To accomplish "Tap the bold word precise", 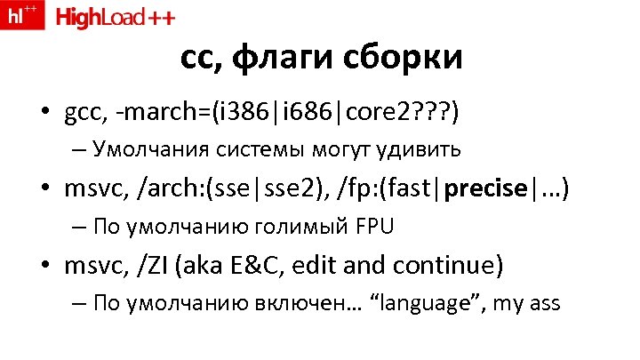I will point(487,188).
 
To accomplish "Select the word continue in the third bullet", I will point(448,265).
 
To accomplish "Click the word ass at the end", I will point(542,303).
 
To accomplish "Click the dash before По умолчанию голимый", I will point(79,227).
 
